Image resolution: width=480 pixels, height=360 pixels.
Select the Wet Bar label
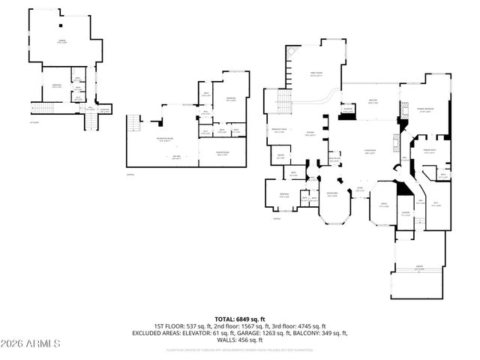pyautogui.click(x=177, y=156)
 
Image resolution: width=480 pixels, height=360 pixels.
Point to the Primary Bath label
pyautogui.click(x=429, y=150)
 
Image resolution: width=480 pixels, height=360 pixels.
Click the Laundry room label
pyautogui.click(x=405, y=214)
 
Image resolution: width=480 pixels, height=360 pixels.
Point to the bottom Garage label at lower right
pyautogui.click(x=418, y=268)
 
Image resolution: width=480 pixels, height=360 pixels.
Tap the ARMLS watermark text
pyautogui.click(x=31, y=343)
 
